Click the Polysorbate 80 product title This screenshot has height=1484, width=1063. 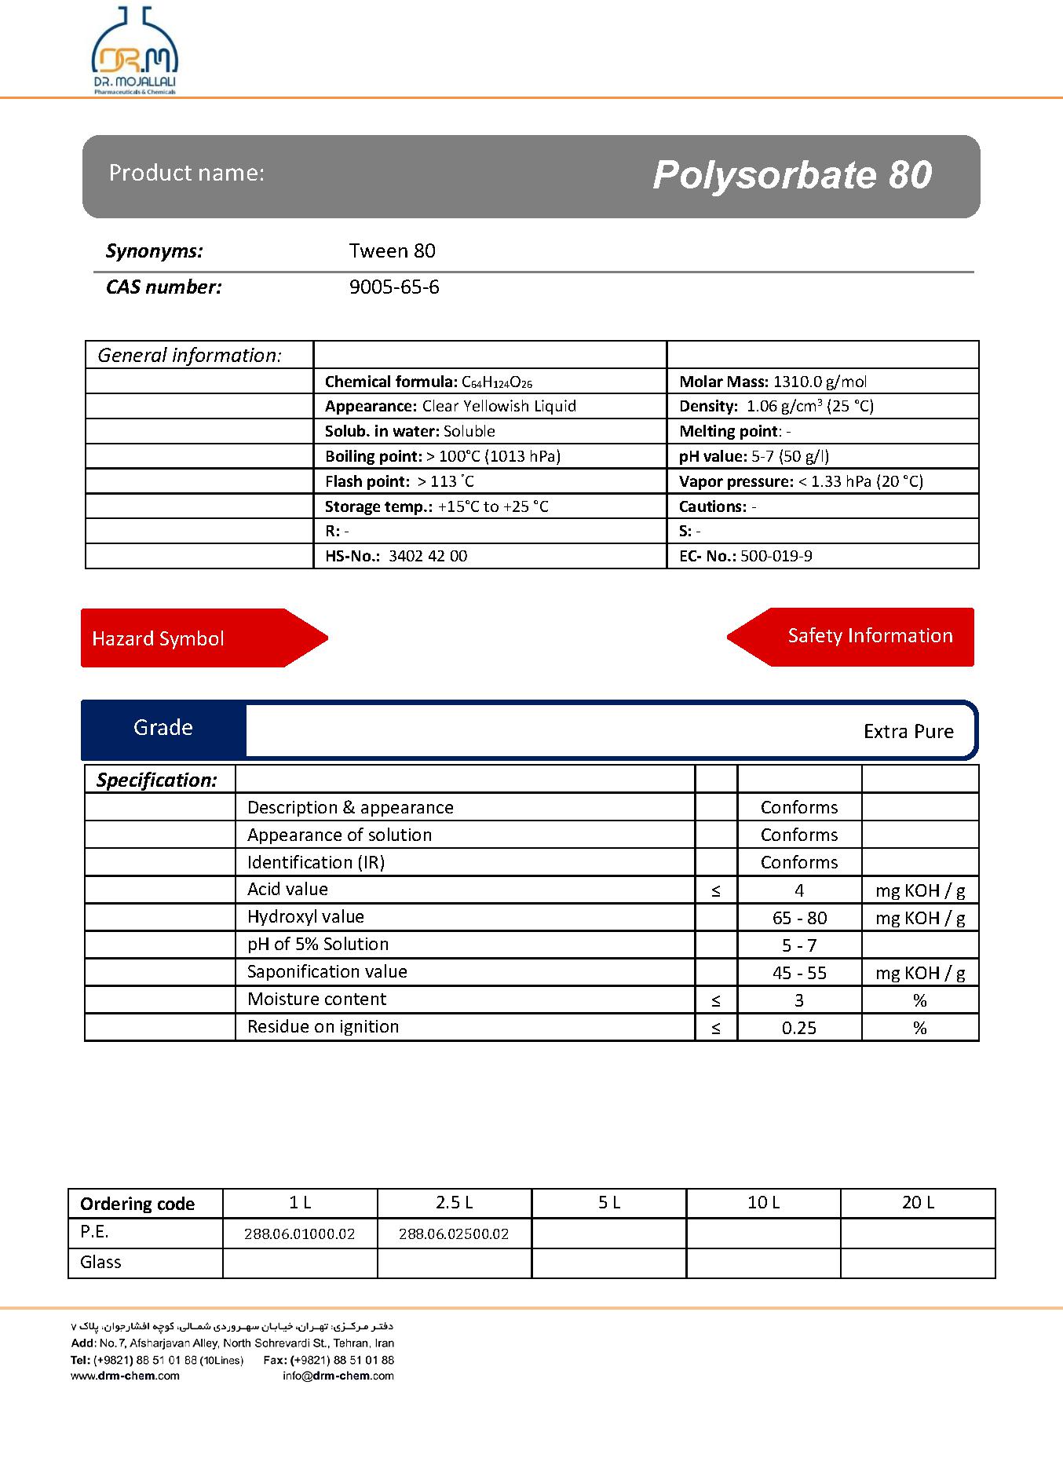tap(791, 175)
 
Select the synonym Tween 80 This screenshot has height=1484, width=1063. tap(392, 251)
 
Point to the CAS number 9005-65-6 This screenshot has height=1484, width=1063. tap(394, 287)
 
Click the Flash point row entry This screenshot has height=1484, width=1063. tap(400, 481)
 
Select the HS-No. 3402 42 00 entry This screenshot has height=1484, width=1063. tap(396, 556)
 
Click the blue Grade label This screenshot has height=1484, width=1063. tap(163, 728)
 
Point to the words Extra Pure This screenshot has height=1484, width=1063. tap(908, 732)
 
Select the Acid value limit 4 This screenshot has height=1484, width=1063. tap(799, 890)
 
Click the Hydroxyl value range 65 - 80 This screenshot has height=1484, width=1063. tap(799, 918)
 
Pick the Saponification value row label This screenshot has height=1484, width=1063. tap(327, 972)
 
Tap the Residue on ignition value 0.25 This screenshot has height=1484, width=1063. tap(799, 1028)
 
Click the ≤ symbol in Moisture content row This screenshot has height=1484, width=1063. tap(716, 1000)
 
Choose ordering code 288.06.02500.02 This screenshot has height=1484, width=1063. tap(454, 1234)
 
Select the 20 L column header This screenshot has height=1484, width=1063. tap(918, 1203)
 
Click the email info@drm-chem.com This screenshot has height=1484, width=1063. tap(338, 1376)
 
